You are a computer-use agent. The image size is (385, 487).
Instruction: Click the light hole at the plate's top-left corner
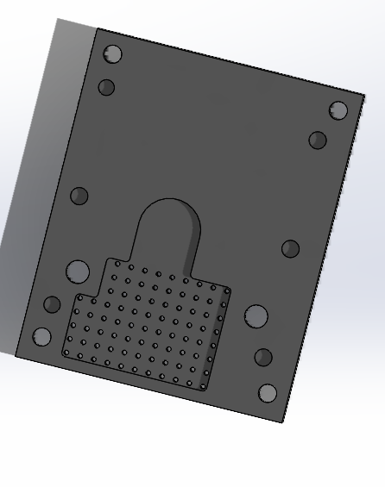click(x=112, y=54)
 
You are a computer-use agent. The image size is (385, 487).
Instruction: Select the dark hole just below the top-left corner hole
click(x=106, y=87)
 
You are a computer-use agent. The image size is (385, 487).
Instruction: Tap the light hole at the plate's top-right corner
click(x=338, y=110)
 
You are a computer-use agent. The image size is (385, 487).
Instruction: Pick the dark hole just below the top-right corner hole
click(x=318, y=140)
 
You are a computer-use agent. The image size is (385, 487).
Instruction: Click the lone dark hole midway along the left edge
click(x=79, y=196)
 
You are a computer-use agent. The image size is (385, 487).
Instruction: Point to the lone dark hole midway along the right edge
click(x=290, y=249)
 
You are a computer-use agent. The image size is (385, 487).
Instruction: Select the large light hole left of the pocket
click(x=78, y=272)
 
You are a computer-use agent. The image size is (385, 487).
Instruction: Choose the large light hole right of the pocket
click(x=256, y=316)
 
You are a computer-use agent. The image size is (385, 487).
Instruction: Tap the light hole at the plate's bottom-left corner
click(x=41, y=336)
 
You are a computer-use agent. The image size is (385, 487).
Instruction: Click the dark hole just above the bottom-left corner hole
click(x=52, y=304)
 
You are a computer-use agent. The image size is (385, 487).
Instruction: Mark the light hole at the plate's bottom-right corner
click(x=268, y=393)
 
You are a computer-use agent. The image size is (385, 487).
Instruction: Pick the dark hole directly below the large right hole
click(x=263, y=357)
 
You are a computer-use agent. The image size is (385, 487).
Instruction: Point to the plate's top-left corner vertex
click(x=97, y=28)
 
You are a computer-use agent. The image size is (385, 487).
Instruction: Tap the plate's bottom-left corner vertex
click(x=16, y=355)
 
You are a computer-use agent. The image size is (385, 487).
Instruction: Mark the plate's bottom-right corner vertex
click(x=283, y=422)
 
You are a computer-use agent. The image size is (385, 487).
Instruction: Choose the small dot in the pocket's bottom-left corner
click(x=66, y=352)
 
